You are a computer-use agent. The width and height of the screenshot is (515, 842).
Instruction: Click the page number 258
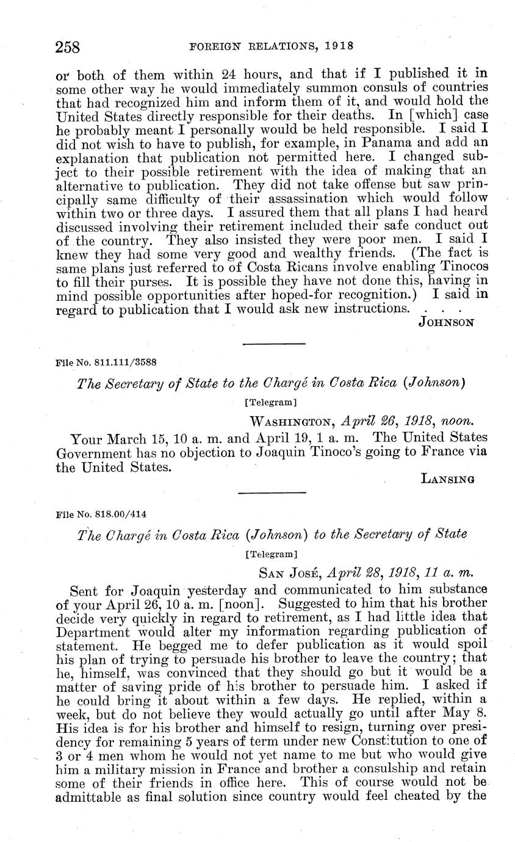click(68, 47)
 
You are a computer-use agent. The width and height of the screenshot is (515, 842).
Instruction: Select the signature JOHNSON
click(446, 322)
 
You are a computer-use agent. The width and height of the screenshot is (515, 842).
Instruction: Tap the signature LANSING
click(448, 480)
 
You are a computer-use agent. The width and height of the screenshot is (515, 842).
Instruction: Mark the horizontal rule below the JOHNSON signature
click(273, 345)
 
